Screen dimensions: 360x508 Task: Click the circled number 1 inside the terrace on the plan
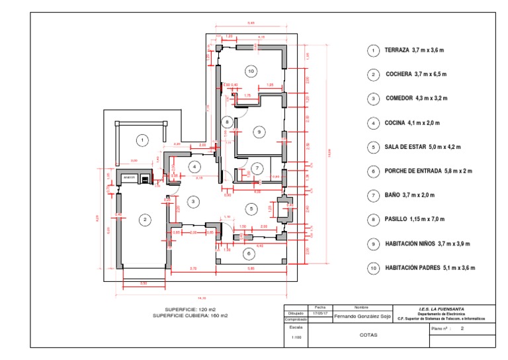[140, 140]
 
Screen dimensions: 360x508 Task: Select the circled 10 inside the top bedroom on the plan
[251, 70]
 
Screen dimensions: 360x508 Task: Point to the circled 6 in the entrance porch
[249, 253]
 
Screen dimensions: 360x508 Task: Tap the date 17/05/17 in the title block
[321, 313]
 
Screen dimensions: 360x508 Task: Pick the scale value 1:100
[296, 338]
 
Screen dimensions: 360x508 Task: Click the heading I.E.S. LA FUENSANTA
[443, 308]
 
